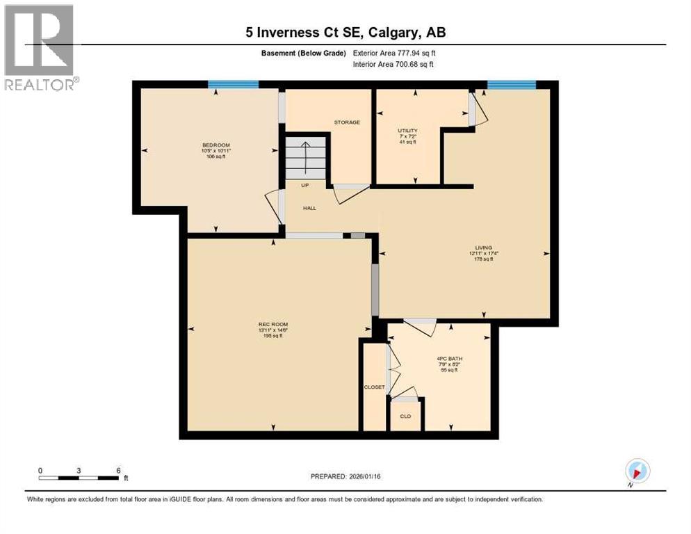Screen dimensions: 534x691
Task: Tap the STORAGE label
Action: click(347, 122)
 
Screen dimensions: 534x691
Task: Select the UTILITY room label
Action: click(407, 131)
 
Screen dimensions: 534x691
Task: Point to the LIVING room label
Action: click(484, 248)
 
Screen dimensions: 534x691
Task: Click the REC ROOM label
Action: click(273, 325)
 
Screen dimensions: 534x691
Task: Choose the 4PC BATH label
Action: click(449, 359)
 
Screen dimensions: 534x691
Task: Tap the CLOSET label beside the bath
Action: click(374, 387)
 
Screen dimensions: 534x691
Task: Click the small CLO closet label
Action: click(405, 416)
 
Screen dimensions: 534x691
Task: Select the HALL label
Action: click(309, 208)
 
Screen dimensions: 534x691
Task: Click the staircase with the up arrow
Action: click(305, 157)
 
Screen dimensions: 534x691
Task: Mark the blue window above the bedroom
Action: click(234, 85)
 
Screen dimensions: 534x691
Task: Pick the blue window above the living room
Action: click(512, 85)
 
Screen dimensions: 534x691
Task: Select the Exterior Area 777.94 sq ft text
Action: click(394, 53)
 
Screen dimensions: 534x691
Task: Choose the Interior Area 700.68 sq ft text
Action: click(393, 65)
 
